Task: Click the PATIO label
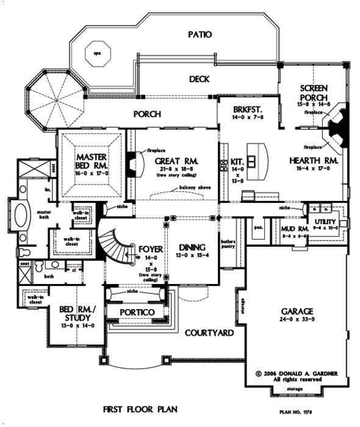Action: point(200,35)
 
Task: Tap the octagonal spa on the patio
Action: point(96,53)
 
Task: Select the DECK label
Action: point(200,79)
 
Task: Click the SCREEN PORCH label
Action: point(315,92)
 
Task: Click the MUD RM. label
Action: point(291,228)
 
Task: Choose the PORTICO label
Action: point(137,312)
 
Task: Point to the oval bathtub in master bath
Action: point(20,216)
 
